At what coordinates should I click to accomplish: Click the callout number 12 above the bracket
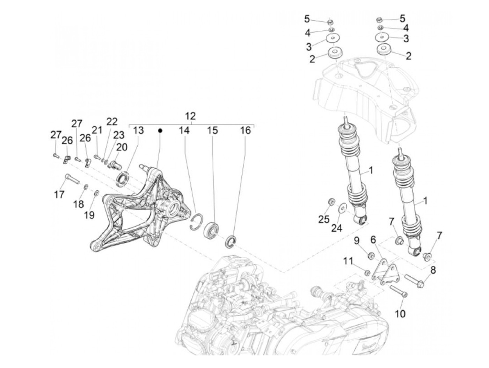(x=190, y=116)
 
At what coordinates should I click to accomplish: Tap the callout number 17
(x=60, y=194)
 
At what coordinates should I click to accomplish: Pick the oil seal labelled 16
(x=232, y=242)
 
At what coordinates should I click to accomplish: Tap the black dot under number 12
(x=160, y=130)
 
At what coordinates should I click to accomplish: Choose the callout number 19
(x=89, y=214)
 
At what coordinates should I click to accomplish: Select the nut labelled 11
(x=367, y=273)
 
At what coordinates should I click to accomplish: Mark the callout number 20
(x=122, y=148)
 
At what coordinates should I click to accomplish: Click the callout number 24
(x=337, y=228)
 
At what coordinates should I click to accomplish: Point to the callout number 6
(x=373, y=240)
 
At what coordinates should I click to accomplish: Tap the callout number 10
(x=400, y=314)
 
